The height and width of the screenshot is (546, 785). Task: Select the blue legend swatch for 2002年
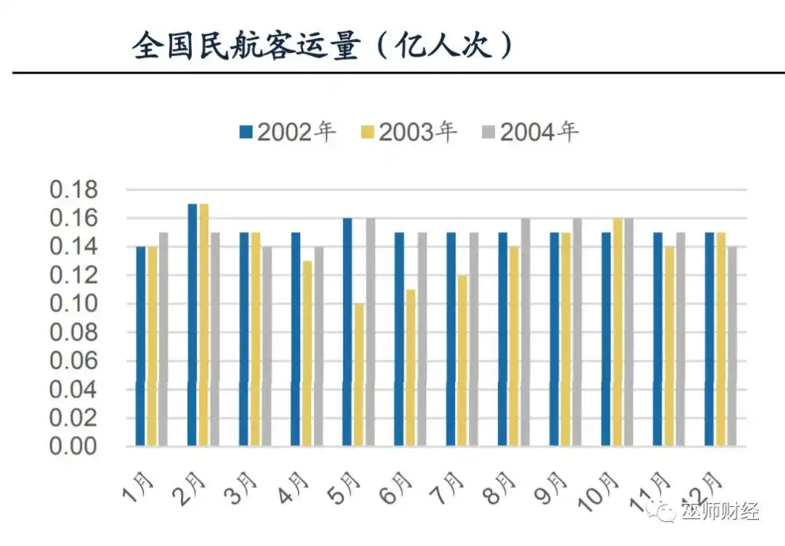[x=246, y=132]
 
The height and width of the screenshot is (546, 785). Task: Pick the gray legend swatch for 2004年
[x=488, y=132]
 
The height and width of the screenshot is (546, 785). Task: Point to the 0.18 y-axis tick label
[x=73, y=190]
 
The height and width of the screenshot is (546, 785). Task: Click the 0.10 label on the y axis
[x=73, y=304]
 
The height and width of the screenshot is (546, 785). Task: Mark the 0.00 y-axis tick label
[x=73, y=446]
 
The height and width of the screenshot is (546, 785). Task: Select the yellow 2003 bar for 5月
[x=359, y=374]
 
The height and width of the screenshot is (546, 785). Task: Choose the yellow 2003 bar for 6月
[x=411, y=367]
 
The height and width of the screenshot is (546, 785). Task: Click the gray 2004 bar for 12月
[x=732, y=346]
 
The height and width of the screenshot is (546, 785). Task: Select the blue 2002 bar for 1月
[x=141, y=346]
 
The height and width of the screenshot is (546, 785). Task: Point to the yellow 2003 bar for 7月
[x=462, y=361]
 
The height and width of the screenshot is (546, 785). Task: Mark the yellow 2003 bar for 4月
[x=307, y=353]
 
